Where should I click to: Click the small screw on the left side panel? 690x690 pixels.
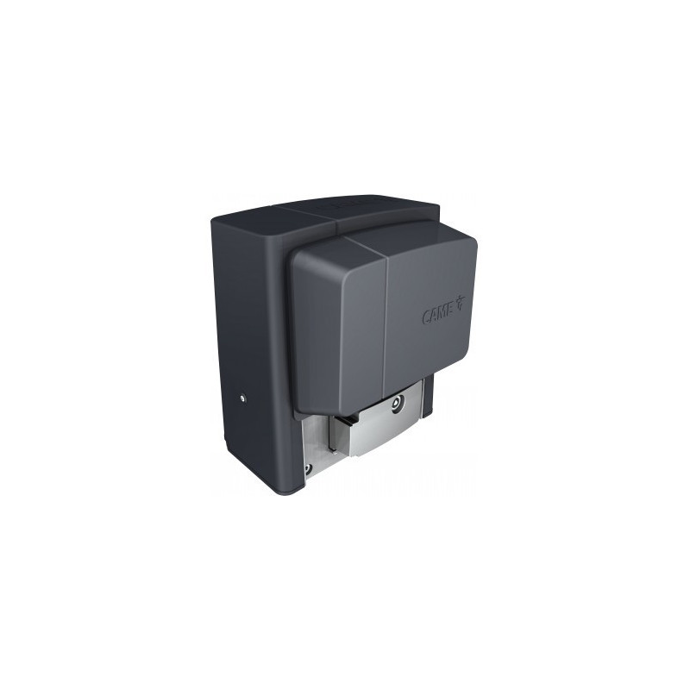pyautogui.click(x=242, y=398)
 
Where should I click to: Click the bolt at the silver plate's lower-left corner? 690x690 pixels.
pyautogui.click(x=308, y=468)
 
